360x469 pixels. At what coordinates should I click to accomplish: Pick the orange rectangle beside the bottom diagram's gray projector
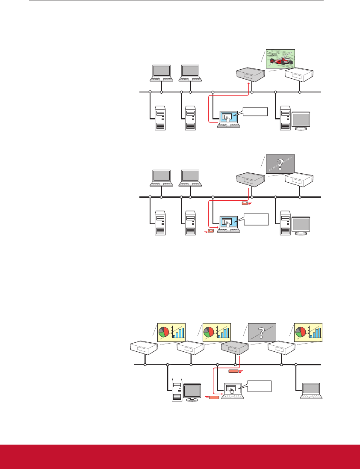[x=233, y=371]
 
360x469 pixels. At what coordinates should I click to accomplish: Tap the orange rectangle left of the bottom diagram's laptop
[x=214, y=398]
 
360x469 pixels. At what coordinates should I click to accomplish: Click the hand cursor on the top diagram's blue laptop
[x=229, y=117]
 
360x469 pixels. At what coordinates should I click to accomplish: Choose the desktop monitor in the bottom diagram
[x=192, y=391]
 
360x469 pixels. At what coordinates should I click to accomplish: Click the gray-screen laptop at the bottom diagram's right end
[x=311, y=390]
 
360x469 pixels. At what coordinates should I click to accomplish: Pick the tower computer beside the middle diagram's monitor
[x=284, y=223]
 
